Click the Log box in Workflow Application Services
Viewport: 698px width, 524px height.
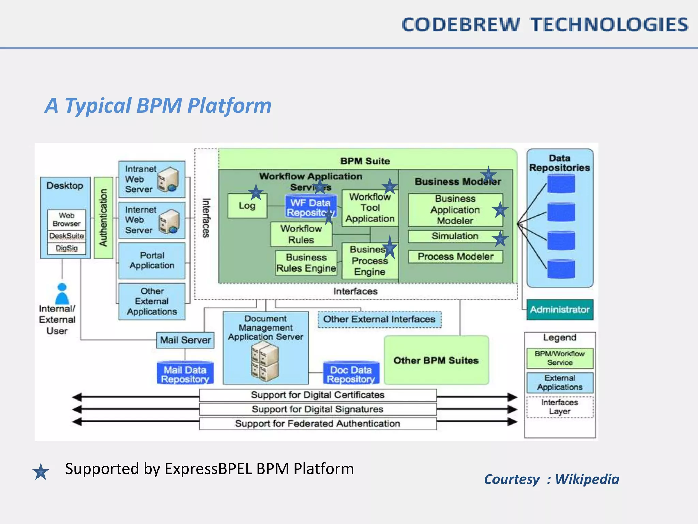tap(247, 206)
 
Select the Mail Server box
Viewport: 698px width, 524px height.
tap(185, 340)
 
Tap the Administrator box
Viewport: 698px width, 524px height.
tap(560, 310)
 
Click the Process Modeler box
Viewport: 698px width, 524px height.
tap(455, 257)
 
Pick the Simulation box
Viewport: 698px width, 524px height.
tap(455, 236)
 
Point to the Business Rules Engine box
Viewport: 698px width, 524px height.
tap(306, 263)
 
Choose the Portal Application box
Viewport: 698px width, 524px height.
tap(152, 261)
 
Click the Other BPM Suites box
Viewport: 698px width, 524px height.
tap(436, 360)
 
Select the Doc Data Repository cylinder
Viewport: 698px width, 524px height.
tap(351, 373)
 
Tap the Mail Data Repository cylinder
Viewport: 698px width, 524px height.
tap(185, 373)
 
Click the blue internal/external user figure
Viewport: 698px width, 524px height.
tap(62, 294)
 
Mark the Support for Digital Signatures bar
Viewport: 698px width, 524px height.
tap(318, 409)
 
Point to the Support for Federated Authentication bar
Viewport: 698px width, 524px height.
tap(318, 423)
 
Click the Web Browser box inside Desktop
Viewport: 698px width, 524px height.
tap(66, 220)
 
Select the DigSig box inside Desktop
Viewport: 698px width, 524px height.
tap(67, 248)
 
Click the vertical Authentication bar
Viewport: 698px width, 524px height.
tap(104, 218)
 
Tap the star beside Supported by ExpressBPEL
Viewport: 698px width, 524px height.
tap(41, 472)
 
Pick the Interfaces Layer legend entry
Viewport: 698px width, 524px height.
tap(560, 407)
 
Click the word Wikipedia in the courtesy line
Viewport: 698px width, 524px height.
tap(587, 479)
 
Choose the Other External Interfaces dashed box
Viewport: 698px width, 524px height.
tap(379, 319)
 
